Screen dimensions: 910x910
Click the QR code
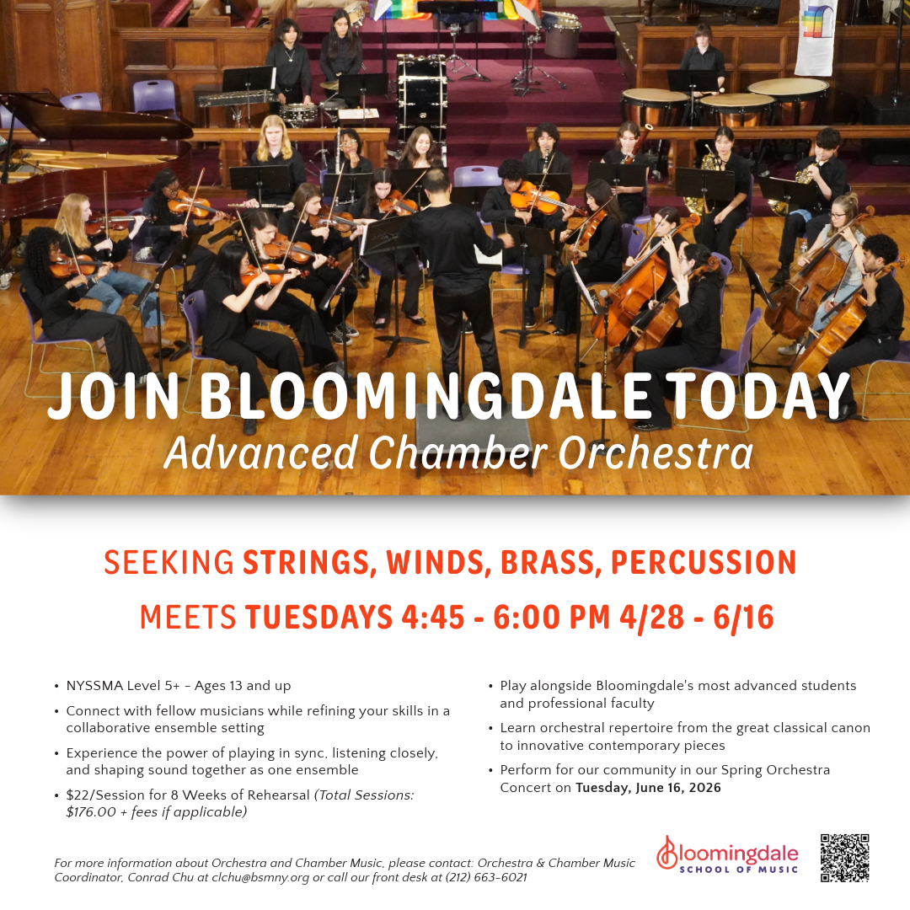click(844, 858)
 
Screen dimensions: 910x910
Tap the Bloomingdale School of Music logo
click(727, 855)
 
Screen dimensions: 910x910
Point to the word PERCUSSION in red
click(704, 563)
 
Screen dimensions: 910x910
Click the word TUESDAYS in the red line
click(319, 618)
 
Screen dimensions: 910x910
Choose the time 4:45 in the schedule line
click(433, 618)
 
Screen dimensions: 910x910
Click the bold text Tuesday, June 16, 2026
click(648, 788)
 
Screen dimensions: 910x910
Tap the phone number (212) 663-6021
click(486, 878)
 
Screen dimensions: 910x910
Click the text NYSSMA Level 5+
click(127, 686)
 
